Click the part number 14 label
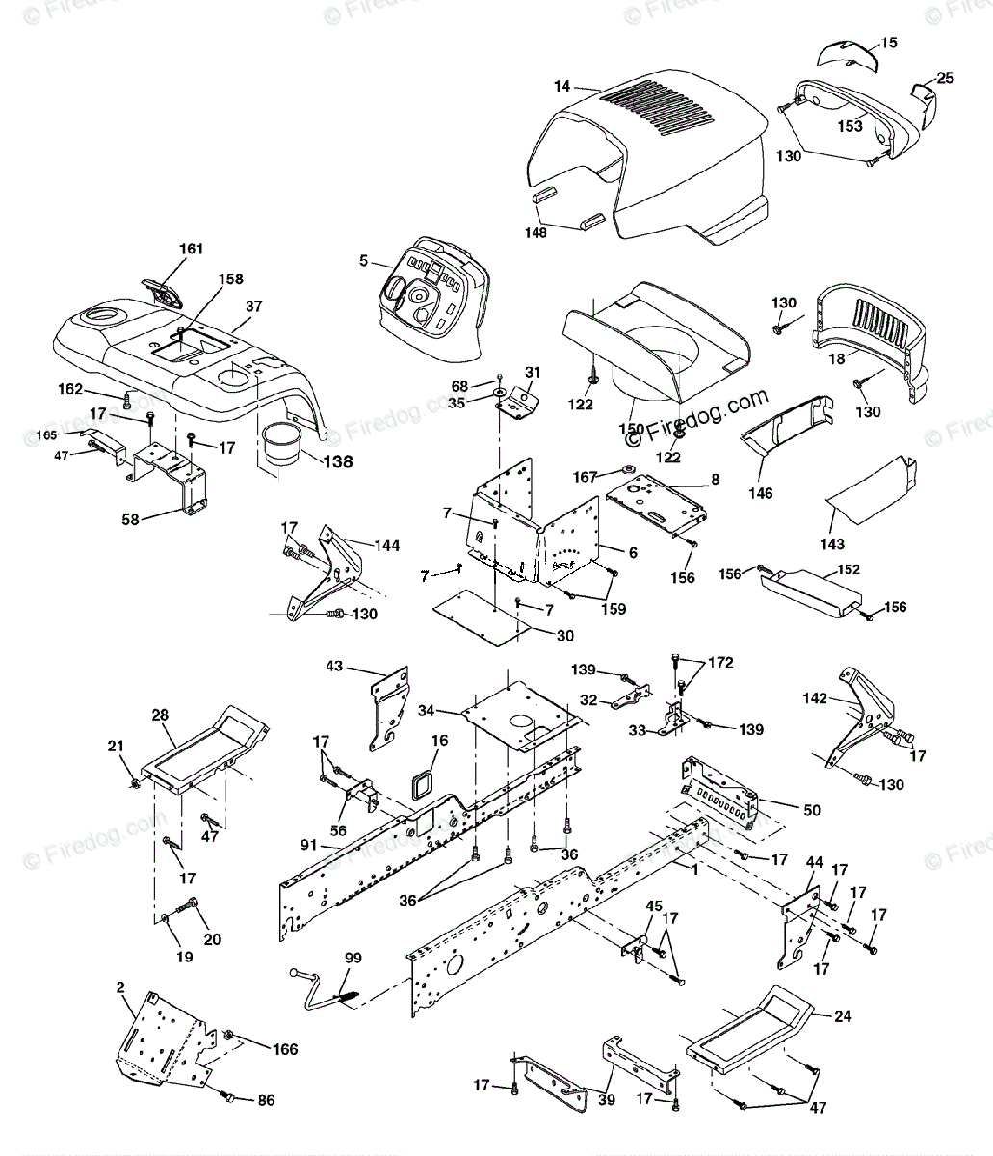[x=561, y=87]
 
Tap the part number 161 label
[x=192, y=249]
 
